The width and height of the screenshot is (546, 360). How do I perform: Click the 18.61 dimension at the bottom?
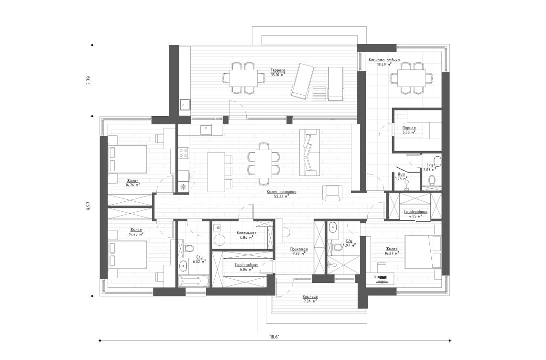pos(274,337)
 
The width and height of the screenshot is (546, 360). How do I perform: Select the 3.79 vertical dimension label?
pos(87,81)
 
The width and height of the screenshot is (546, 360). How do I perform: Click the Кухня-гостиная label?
pos(282,192)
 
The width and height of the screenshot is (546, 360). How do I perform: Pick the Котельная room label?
pos(246,233)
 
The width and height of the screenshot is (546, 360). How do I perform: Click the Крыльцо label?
pos(310,297)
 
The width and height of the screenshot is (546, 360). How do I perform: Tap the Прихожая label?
pos(299,249)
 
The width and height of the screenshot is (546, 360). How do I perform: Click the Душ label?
pos(402,175)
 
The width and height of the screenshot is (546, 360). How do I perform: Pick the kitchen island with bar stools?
pos(216,172)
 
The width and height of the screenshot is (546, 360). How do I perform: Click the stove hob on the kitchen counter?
pos(183,153)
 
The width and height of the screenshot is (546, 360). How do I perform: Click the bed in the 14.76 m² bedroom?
pos(127,159)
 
